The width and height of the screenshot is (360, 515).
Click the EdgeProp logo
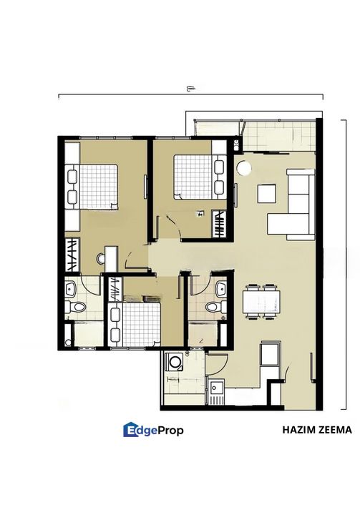154,430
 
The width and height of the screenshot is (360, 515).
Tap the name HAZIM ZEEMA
317,430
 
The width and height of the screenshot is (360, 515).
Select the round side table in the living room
244,168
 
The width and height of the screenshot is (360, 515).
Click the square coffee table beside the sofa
267,194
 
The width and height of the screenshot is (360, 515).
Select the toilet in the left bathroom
75,307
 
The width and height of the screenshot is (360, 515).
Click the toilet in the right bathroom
216,307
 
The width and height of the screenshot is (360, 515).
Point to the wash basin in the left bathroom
70,289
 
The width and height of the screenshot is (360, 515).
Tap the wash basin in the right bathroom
221,289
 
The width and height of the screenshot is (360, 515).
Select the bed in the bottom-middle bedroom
135,324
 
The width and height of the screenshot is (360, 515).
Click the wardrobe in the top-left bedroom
72,255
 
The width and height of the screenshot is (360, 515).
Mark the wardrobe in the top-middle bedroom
219,223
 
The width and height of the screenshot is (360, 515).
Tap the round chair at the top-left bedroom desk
101,259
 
